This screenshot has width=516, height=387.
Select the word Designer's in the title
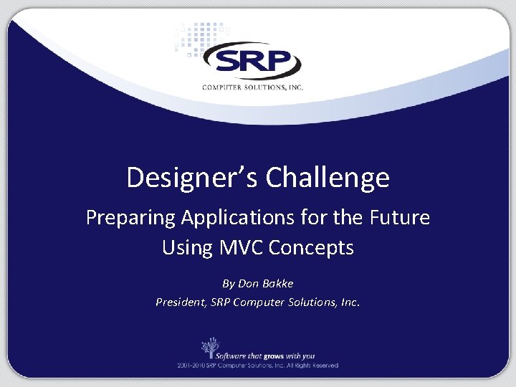pos(192,178)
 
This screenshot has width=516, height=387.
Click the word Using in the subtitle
pos(187,248)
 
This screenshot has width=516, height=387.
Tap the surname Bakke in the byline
pos(277,283)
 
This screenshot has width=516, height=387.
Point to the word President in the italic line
pos(181,302)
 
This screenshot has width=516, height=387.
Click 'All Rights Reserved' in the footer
pos(314,365)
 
